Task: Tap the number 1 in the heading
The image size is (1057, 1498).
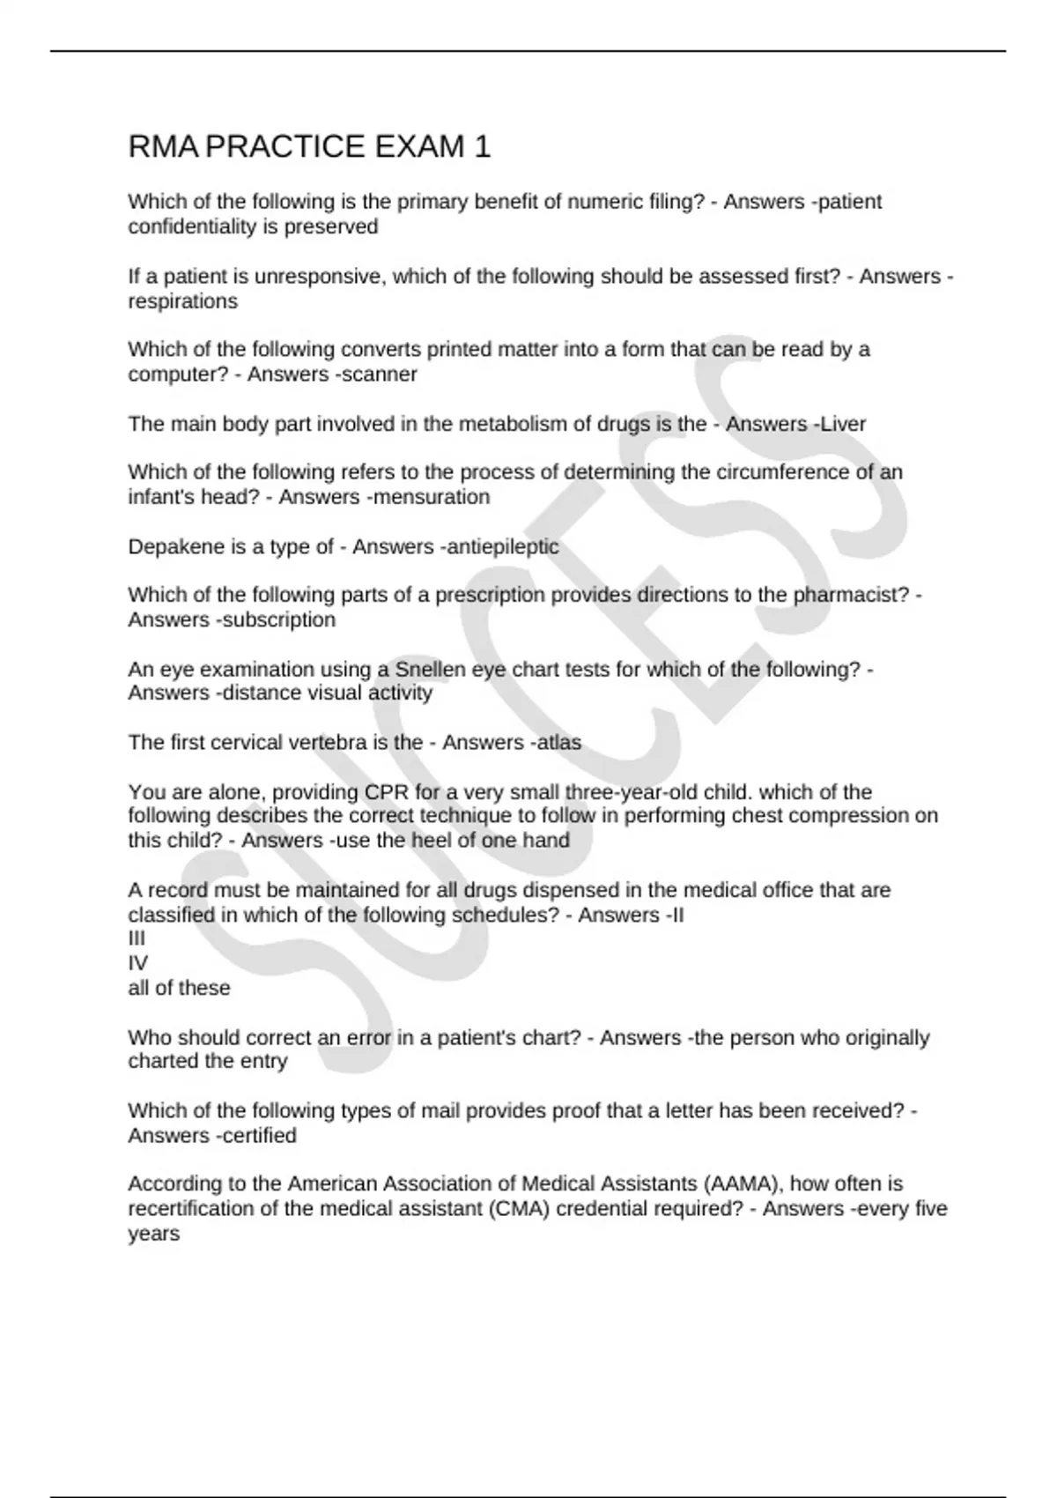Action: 482,146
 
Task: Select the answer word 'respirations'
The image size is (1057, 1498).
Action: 182,301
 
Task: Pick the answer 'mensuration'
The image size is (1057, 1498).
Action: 431,497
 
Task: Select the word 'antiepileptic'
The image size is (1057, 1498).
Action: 502,546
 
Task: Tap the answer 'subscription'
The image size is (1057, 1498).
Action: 279,619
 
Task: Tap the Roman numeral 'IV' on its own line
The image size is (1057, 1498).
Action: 137,963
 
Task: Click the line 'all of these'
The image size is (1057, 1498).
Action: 179,988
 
